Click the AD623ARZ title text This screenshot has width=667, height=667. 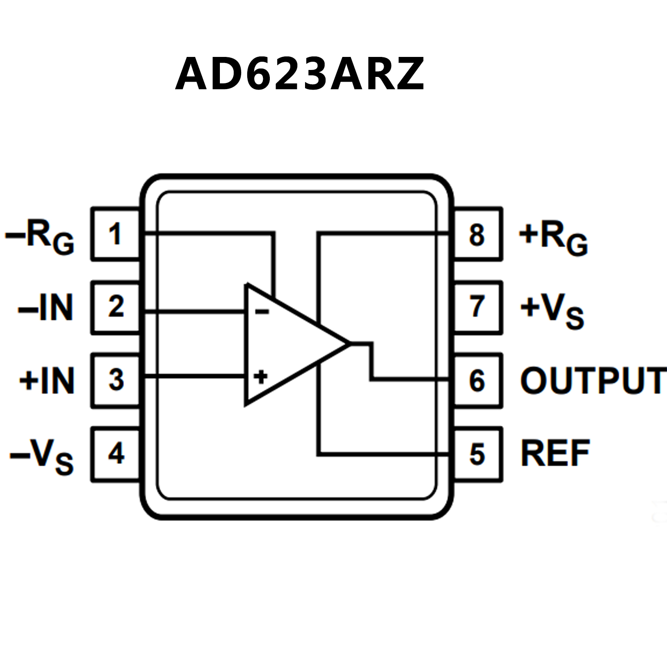[299, 74]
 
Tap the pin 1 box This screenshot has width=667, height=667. [115, 234]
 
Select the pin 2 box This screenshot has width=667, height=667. [116, 307]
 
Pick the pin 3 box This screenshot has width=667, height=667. [116, 380]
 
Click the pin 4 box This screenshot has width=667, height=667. [116, 454]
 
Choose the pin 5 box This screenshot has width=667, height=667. [478, 455]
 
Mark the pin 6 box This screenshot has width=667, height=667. [478, 381]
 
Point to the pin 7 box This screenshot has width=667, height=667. [478, 307]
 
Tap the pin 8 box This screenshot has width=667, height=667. [478, 235]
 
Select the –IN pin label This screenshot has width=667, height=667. [45, 308]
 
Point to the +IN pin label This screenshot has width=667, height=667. [47, 381]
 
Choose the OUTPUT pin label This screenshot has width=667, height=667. [593, 381]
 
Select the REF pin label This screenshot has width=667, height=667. [555, 454]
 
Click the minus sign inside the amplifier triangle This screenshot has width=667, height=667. [262, 311]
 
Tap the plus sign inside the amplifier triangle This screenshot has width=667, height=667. [261, 376]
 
